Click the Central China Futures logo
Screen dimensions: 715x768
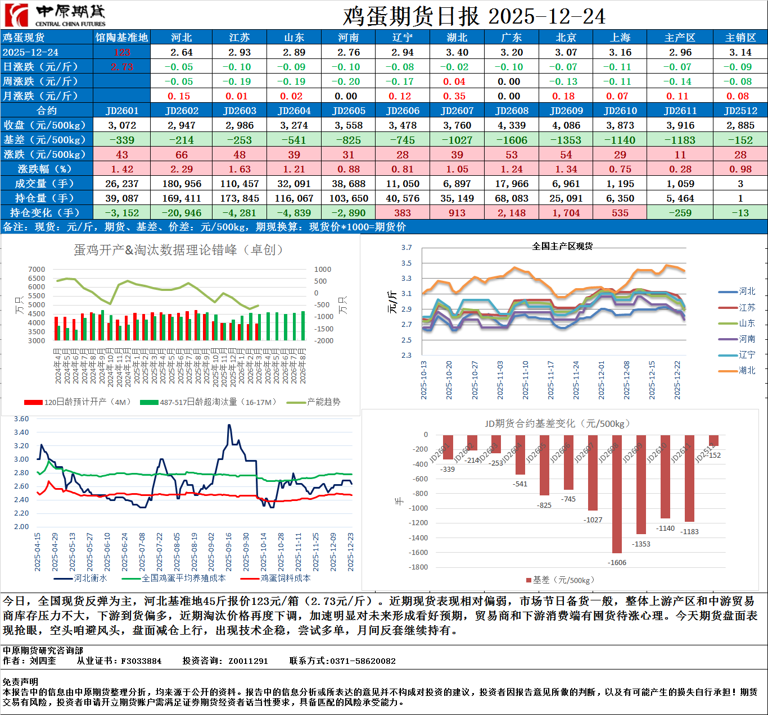pos(55,15)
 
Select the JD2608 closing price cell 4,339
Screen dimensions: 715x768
pos(512,125)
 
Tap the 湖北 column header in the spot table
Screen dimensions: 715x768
pos(457,38)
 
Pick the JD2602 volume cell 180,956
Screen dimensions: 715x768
pos(182,184)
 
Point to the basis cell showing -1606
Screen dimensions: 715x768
pos(512,140)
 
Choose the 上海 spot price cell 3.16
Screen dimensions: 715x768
pos(620,52)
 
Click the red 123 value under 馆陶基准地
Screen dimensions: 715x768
pos(122,52)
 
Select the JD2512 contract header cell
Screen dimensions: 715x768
pos(740,111)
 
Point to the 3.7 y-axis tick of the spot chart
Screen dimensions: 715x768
pos(406,248)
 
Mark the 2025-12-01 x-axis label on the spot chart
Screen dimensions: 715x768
pos(602,380)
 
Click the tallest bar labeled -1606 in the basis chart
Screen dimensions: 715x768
pos(617,494)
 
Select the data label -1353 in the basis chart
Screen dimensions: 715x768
pos(641,544)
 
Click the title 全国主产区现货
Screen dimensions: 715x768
pos(562,246)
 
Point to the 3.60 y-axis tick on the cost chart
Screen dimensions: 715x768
pos(21,419)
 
